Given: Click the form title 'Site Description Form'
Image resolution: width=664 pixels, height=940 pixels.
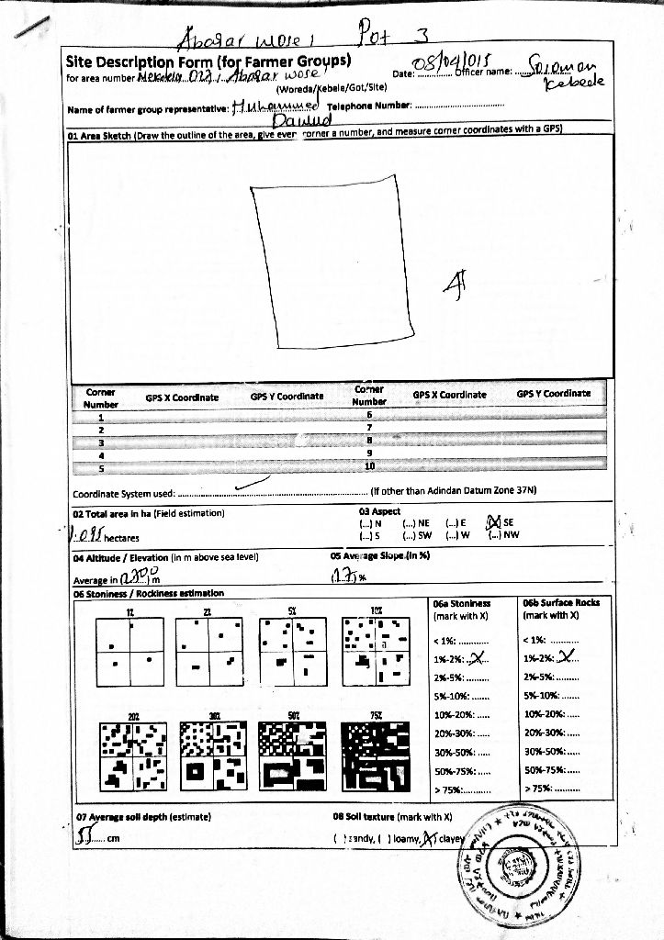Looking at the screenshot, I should pyautogui.click(x=139, y=62).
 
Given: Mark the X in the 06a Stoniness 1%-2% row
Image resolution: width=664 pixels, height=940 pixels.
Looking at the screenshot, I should pyautogui.click(x=475, y=656).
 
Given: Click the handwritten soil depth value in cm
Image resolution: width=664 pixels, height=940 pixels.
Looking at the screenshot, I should pyautogui.click(x=88, y=836).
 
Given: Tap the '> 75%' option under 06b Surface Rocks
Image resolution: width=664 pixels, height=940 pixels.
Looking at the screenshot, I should pyautogui.click(x=551, y=789).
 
